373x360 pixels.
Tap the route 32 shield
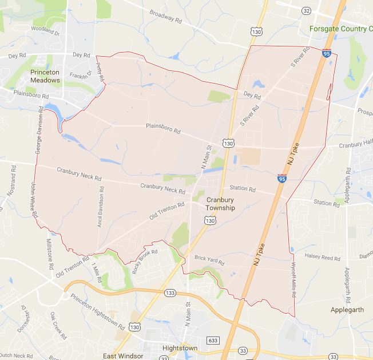pyautogui.click(x=307, y=11)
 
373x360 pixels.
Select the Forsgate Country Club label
pyautogui.click(x=340, y=29)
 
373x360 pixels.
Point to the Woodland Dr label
pyautogui.click(x=46, y=30)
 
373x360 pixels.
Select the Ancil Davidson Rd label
pyautogui.click(x=101, y=207)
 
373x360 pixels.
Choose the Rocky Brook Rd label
pyautogui.click(x=144, y=261)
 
